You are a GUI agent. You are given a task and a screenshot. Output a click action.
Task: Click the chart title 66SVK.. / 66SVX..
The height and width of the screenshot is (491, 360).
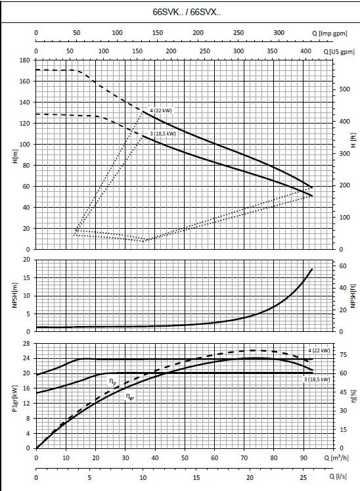pyautogui.click(x=187, y=12)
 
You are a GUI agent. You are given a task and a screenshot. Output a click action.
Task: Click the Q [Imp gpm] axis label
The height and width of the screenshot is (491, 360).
pyautogui.click(x=330, y=33)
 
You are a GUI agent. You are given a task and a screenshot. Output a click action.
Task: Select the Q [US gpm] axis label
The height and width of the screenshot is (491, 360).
pyautogui.click(x=340, y=52)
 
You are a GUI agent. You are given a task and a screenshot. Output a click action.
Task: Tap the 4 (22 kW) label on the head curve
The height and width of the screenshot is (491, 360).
pyautogui.click(x=161, y=110)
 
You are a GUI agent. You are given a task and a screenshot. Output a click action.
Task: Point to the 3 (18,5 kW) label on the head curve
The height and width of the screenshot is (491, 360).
pyautogui.click(x=163, y=133)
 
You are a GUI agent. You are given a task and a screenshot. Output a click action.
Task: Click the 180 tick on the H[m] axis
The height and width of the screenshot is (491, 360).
pyautogui.click(x=24, y=60)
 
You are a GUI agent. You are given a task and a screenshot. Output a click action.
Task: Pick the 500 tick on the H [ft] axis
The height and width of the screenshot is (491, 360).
pyautogui.click(x=345, y=89)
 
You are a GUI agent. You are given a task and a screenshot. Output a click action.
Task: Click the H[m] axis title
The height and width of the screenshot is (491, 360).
pyautogui.click(x=16, y=156)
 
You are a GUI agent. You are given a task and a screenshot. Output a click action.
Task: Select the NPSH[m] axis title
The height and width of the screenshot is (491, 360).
pyautogui.click(x=14, y=295)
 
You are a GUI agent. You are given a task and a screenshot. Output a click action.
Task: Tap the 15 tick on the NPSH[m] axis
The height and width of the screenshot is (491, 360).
pyautogui.click(x=27, y=278)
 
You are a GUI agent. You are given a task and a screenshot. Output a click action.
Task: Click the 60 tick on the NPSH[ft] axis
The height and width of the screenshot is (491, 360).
pyautogui.click(x=343, y=266)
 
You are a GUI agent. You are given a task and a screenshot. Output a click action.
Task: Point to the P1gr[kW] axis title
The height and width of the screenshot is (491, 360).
pyautogui.click(x=14, y=398)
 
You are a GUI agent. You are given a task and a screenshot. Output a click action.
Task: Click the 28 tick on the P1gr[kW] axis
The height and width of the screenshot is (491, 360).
pyautogui.click(x=27, y=344)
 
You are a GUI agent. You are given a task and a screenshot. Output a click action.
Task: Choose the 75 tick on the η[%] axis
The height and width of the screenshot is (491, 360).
pyautogui.click(x=344, y=355)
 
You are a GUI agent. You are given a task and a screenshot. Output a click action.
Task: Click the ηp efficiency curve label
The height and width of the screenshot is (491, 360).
pyautogui.click(x=112, y=381)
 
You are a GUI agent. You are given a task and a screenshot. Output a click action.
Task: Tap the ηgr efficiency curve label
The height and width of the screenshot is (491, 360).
pyautogui.click(x=130, y=396)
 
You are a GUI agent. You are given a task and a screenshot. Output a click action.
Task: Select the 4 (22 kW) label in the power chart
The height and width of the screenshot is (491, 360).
pyautogui.click(x=319, y=350)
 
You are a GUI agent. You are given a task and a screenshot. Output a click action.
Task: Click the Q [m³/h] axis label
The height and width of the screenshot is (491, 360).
pyautogui.click(x=336, y=458)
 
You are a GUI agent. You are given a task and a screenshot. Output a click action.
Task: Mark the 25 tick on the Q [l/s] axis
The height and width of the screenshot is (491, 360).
pyautogui.click(x=303, y=478)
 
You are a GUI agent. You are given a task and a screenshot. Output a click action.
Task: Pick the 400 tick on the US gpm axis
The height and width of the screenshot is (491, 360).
pyautogui.click(x=306, y=51)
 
